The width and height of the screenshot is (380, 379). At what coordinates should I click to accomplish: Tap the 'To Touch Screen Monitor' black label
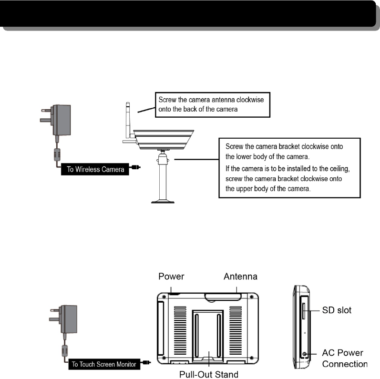tap(104, 364)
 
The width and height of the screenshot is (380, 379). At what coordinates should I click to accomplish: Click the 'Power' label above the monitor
tap(171, 277)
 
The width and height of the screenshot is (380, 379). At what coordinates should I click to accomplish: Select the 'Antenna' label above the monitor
tap(241, 277)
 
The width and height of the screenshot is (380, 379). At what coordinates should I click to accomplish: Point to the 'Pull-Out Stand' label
tap(208, 374)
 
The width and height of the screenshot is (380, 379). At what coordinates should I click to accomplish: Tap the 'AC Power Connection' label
tap(344, 359)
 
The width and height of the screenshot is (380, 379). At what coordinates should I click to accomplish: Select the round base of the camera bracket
tap(163, 201)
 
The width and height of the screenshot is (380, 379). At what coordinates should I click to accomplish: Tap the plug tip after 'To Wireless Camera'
tap(137, 167)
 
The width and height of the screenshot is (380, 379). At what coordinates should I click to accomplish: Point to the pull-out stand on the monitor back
tap(207, 334)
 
